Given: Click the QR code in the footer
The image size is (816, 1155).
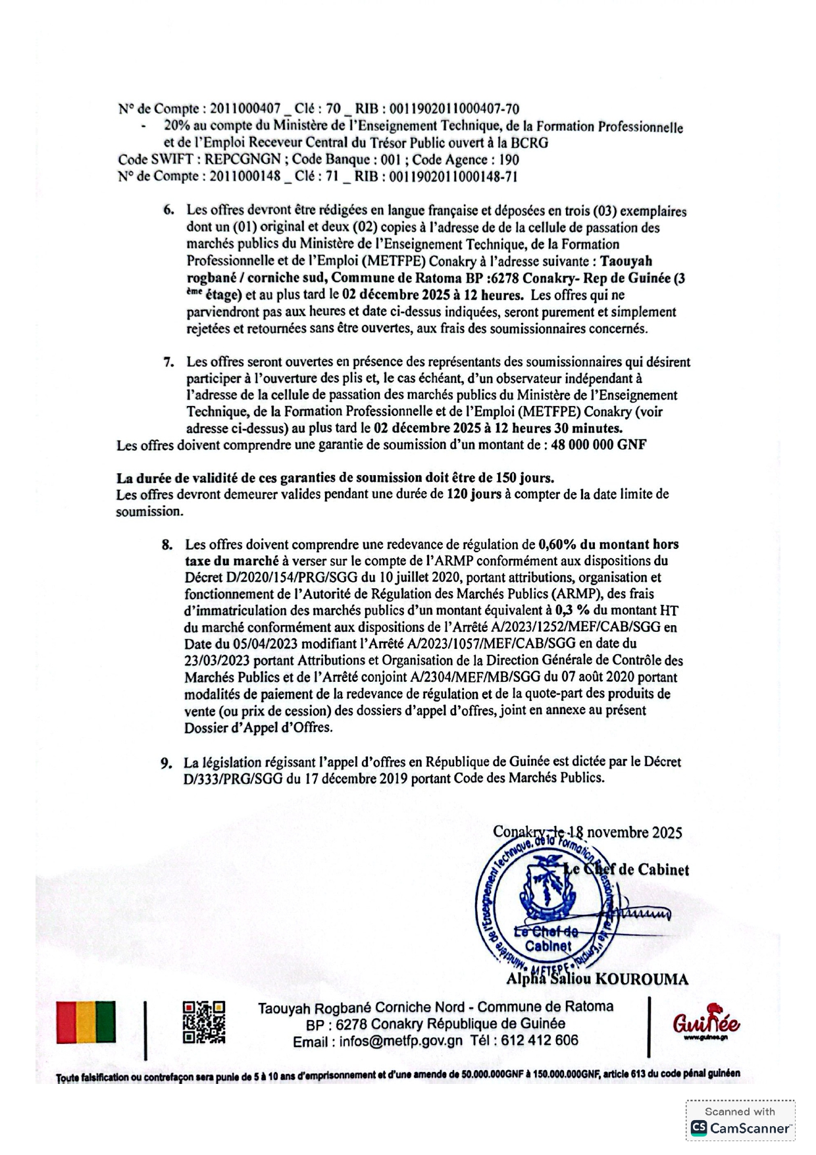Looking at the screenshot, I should pyautogui.click(x=203, y=1022).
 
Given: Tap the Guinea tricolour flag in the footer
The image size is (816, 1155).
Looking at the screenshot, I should pyautogui.click(x=86, y=1022).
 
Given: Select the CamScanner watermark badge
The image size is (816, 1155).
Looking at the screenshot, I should pyautogui.click(x=740, y=1122).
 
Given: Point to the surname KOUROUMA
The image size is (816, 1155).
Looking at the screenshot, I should pyautogui.click(x=642, y=979).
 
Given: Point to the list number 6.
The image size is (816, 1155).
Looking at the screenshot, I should pyautogui.click(x=168, y=211).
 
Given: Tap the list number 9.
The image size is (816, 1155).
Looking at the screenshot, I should pyautogui.click(x=166, y=763).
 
